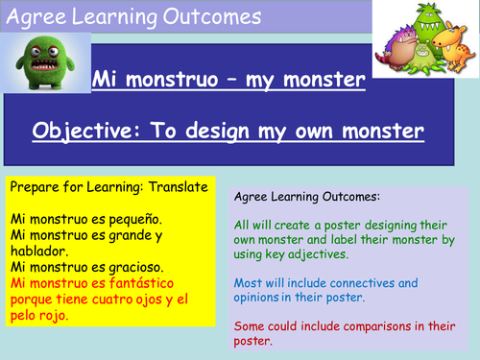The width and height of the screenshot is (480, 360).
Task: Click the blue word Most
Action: click(249, 283)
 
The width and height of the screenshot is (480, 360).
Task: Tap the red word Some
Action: click(252, 325)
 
